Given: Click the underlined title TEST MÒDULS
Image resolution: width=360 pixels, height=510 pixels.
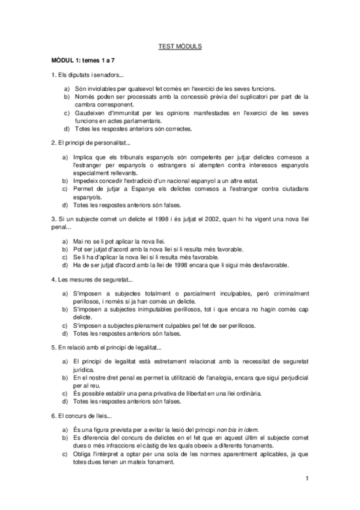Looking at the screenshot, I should coord(180,46).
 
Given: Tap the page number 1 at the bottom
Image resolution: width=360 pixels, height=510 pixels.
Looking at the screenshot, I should coord(307,478).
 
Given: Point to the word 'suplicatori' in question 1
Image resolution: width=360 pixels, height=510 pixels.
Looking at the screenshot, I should coord(260,96).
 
